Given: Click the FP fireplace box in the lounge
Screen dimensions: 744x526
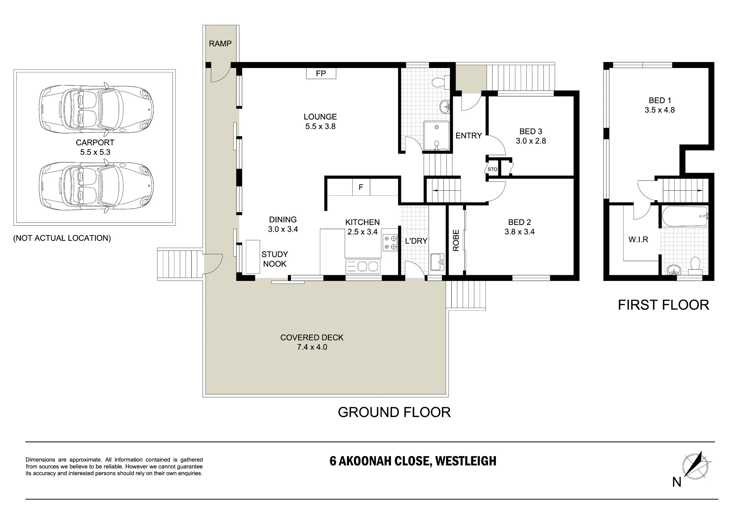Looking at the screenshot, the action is point(321,73).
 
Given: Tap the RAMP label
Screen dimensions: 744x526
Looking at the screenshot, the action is point(220,44).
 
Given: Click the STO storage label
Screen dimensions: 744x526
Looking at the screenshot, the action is point(493,169).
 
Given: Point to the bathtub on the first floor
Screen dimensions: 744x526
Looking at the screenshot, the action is point(685,216).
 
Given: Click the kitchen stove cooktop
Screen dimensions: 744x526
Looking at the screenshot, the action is point(389,243).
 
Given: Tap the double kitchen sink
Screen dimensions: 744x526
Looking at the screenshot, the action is point(363,266).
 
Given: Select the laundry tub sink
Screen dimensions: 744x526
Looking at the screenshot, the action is point(437,262).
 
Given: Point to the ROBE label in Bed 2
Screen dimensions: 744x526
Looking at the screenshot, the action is point(456,240).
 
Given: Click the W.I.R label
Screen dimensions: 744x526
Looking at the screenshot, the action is point(638,240).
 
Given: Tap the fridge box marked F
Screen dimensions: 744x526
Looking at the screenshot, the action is point(361,187).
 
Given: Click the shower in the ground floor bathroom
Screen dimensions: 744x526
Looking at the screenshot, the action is point(436,136).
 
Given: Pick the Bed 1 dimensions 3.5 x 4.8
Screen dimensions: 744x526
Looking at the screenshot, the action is point(660,110).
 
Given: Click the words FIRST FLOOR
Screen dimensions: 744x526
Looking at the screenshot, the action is point(663,305).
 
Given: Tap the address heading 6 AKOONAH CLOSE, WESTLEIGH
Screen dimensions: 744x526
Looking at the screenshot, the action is point(413,461).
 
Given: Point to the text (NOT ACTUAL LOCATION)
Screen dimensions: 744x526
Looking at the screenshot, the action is point(62,238).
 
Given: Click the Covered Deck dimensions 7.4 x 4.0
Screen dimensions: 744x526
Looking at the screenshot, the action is point(312,347).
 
